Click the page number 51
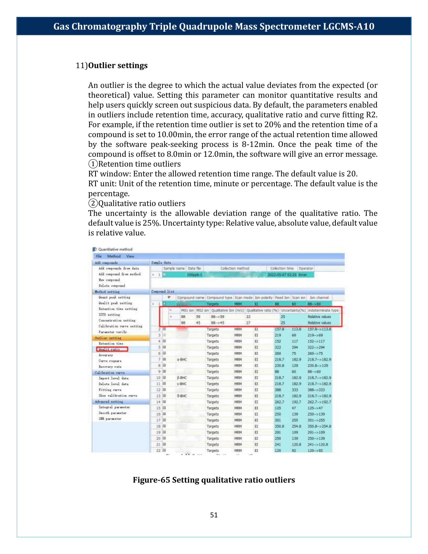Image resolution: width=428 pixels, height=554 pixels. tap(214, 515)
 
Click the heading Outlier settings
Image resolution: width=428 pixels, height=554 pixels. tap(118, 65)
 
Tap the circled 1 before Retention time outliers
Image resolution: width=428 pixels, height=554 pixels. tap(93, 164)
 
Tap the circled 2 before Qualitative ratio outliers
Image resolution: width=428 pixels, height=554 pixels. tap(93, 203)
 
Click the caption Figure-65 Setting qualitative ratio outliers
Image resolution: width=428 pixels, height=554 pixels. tap(214, 480)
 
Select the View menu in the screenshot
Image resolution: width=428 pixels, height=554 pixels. tap(130, 256)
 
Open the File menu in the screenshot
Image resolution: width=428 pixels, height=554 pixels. tap(99, 256)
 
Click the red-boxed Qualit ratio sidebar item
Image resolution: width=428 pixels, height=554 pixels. tap(112, 349)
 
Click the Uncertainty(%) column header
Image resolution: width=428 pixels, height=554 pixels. tap(293, 310)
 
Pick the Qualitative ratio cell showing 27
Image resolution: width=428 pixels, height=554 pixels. tap(248, 323)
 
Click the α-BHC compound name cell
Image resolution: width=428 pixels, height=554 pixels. tap(182, 359)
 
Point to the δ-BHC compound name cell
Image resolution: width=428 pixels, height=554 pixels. tap(182, 396)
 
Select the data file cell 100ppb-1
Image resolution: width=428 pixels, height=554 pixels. tap(194, 275)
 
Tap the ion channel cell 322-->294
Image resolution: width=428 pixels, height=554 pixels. tap(316, 347)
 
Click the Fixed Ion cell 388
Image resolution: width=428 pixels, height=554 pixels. tap(278, 390)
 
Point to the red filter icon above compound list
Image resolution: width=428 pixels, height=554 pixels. tap(169, 297)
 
